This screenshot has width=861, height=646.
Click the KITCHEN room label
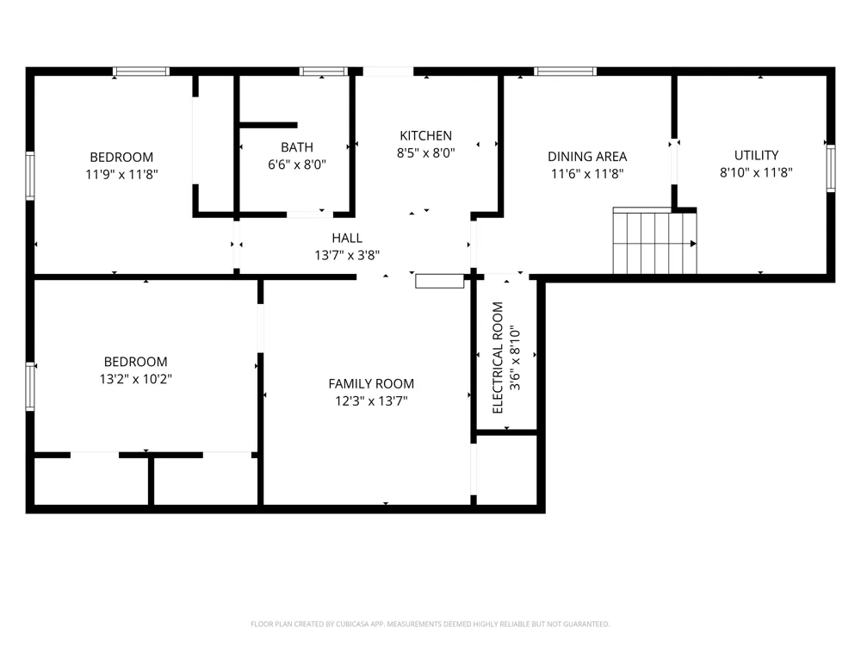click(425, 136)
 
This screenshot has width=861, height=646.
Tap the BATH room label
click(296, 147)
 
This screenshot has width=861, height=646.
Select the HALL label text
click(347, 238)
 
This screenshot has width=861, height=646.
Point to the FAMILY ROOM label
click(371, 383)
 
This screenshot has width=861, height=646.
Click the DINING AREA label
click(587, 157)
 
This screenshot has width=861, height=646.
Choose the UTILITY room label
click(756, 155)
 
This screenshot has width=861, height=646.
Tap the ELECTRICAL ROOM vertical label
click(498, 357)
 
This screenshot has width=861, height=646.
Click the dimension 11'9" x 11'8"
click(122, 174)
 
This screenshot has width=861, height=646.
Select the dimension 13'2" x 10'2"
click(136, 379)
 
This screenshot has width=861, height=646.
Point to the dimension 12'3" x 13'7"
click(371, 401)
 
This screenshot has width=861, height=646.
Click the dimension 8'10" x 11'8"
click(756, 172)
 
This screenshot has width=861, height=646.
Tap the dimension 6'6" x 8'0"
click(296, 165)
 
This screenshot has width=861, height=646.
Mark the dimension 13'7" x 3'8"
click(347, 255)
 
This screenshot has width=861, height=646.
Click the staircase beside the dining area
click(654, 240)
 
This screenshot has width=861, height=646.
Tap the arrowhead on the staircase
click(693, 244)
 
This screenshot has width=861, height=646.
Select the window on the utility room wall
click(831, 169)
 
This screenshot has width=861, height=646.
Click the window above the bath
click(323, 71)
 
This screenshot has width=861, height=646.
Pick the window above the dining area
click(565, 71)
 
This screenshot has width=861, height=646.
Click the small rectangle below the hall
click(440, 282)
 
